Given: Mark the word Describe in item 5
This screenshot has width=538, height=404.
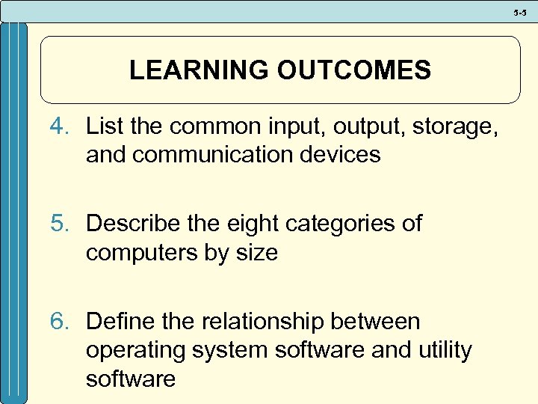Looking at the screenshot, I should click(132, 224).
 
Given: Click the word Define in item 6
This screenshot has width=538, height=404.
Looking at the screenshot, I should click(118, 322).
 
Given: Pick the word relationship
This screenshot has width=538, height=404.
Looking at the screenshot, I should click(267, 322).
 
